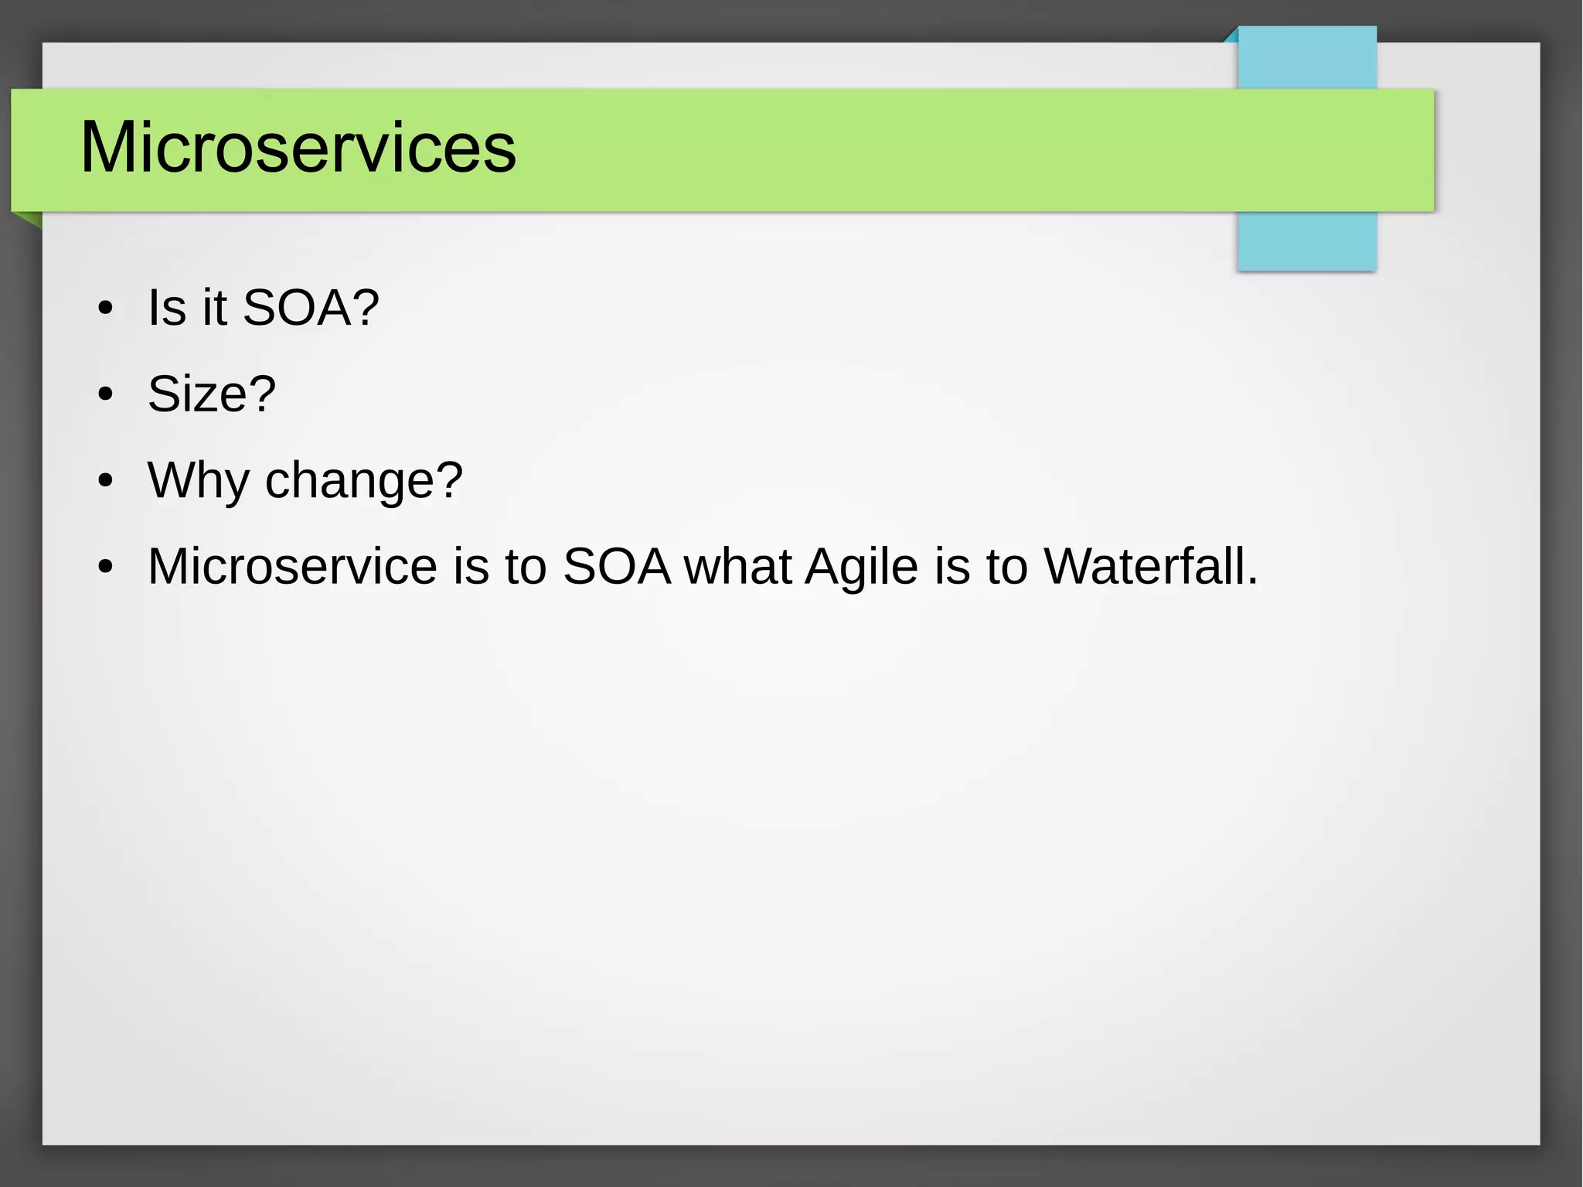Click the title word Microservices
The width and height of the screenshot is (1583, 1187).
(298, 148)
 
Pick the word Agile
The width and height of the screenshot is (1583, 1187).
(861, 568)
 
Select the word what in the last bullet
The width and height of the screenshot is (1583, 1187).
(737, 566)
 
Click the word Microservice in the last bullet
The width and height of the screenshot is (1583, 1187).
(292, 566)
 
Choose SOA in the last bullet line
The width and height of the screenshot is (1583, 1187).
(617, 566)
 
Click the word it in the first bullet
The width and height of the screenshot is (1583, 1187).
(214, 307)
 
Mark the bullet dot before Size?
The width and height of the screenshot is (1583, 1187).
(106, 395)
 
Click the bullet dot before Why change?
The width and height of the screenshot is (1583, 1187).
(106, 481)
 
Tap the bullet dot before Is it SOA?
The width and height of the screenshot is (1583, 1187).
(106, 309)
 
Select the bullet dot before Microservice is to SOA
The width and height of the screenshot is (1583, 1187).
(106, 567)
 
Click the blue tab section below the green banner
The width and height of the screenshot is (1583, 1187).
(1306, 240)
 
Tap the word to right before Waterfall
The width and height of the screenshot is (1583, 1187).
(1006, 566)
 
